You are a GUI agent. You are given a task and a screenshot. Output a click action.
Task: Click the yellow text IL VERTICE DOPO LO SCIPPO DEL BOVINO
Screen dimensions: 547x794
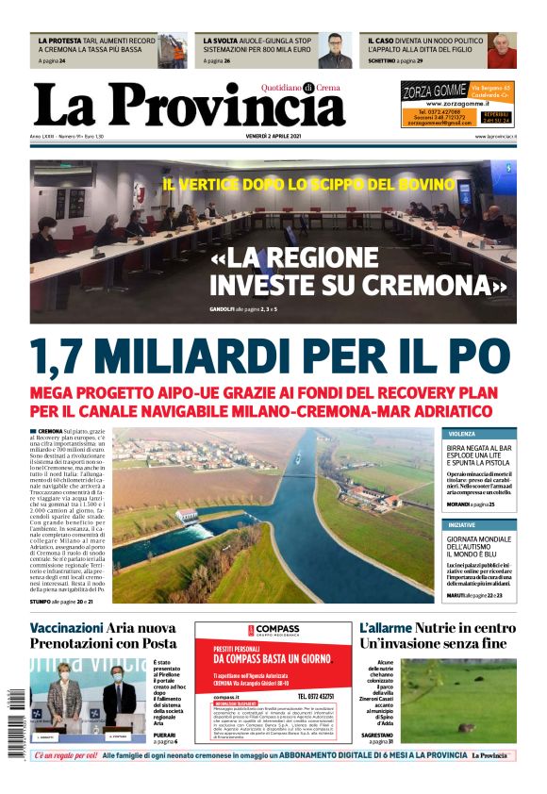click(308, 185)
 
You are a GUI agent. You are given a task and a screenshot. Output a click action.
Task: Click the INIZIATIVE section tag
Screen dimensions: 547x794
click(462, 524)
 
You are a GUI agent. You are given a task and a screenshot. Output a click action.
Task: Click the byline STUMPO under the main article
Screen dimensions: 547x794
click(41, 600)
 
